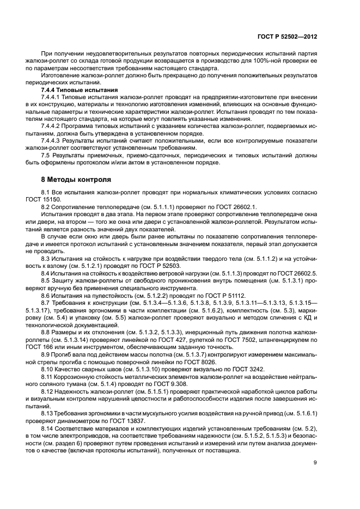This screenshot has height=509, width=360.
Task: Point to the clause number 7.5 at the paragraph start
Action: pos(46,156)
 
